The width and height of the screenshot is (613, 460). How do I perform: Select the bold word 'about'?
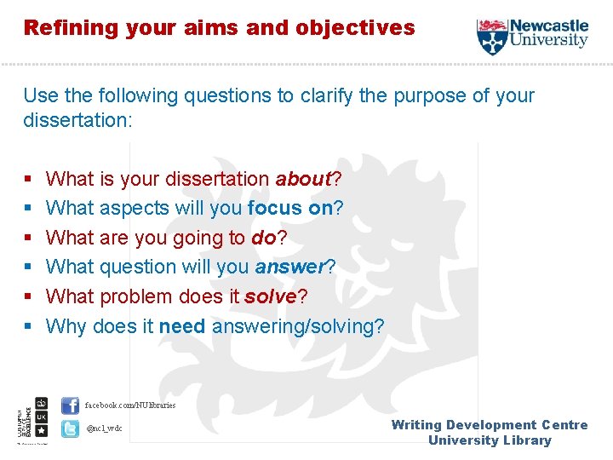point(302,179)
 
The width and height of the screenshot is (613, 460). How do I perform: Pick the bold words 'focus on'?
point(289,209)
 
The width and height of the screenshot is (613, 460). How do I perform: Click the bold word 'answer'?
point(289,267)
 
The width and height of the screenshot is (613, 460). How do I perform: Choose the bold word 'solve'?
point(270,296)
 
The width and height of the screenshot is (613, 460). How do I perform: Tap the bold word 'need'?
point(182,326)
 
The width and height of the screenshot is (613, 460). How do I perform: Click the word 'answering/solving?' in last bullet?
point(298,326)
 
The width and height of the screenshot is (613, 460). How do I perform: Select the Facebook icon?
point(71,405)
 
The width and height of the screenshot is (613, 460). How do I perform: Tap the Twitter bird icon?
point(71,428)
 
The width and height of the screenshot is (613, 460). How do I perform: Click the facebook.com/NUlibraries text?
point(130,405)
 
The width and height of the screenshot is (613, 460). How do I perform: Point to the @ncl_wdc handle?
point(104,428)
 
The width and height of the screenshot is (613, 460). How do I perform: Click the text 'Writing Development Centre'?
point(490,425)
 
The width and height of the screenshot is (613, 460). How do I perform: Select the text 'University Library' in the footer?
point(490,440)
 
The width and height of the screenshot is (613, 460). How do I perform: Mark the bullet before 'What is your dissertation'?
point(28,180)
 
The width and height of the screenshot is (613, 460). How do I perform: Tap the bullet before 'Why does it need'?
point(28,327)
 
